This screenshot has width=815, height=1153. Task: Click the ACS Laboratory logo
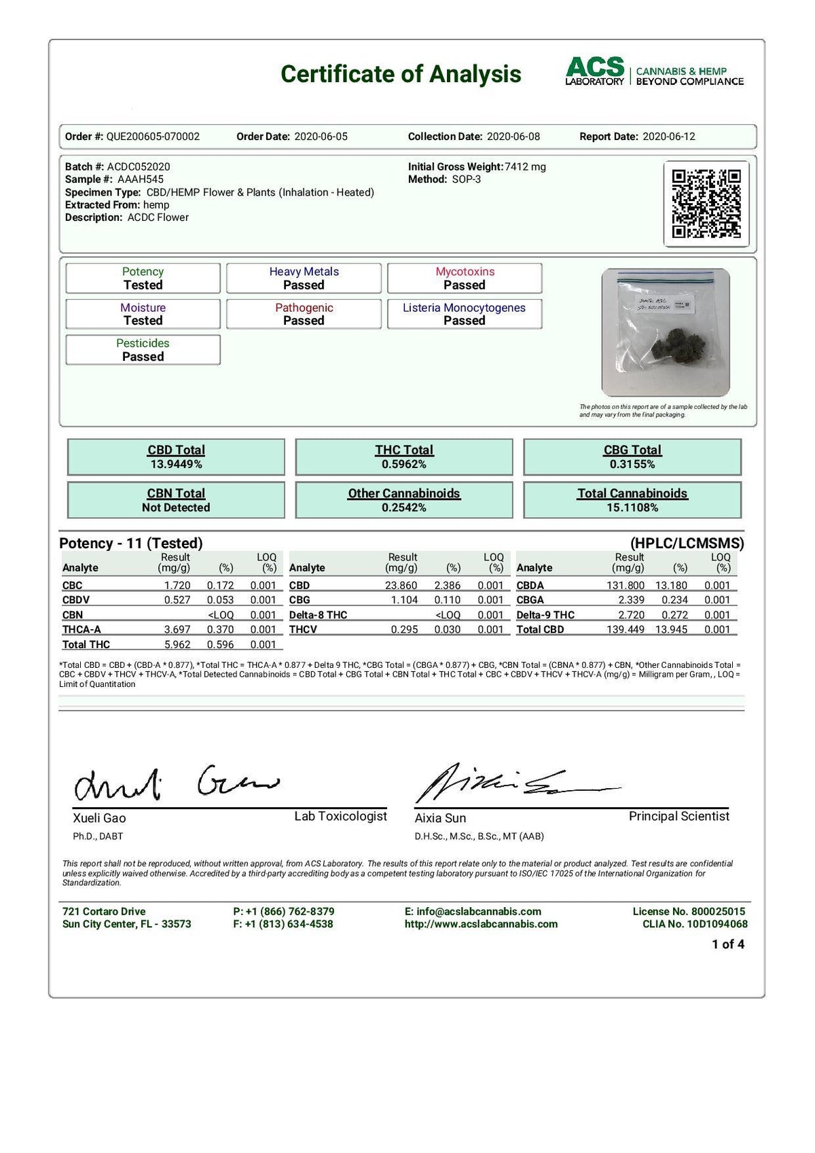[654, 72]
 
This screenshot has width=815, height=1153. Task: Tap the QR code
[706, 204]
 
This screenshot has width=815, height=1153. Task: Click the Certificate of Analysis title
[401, 73]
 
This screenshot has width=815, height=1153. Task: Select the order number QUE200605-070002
[153, 137]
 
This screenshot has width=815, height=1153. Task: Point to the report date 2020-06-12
[668, 137]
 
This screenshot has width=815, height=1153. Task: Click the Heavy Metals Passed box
[304, 279]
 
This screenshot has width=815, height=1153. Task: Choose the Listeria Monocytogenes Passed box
[464, 314]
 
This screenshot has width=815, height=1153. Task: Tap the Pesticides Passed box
[143, 350]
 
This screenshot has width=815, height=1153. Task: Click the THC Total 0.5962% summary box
[404, 457]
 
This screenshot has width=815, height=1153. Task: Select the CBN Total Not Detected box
[176, 500]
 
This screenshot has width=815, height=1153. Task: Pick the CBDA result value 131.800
[625, 586]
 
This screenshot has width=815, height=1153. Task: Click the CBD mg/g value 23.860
[401, 586]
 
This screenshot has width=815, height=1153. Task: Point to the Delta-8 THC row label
[318, 615]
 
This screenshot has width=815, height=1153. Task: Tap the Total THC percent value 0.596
[220, 645]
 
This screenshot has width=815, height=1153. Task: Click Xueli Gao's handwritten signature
[173, 783]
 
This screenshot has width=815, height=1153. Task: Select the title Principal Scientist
[678, 816]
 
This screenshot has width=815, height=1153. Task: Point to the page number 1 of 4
[727, 944]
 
